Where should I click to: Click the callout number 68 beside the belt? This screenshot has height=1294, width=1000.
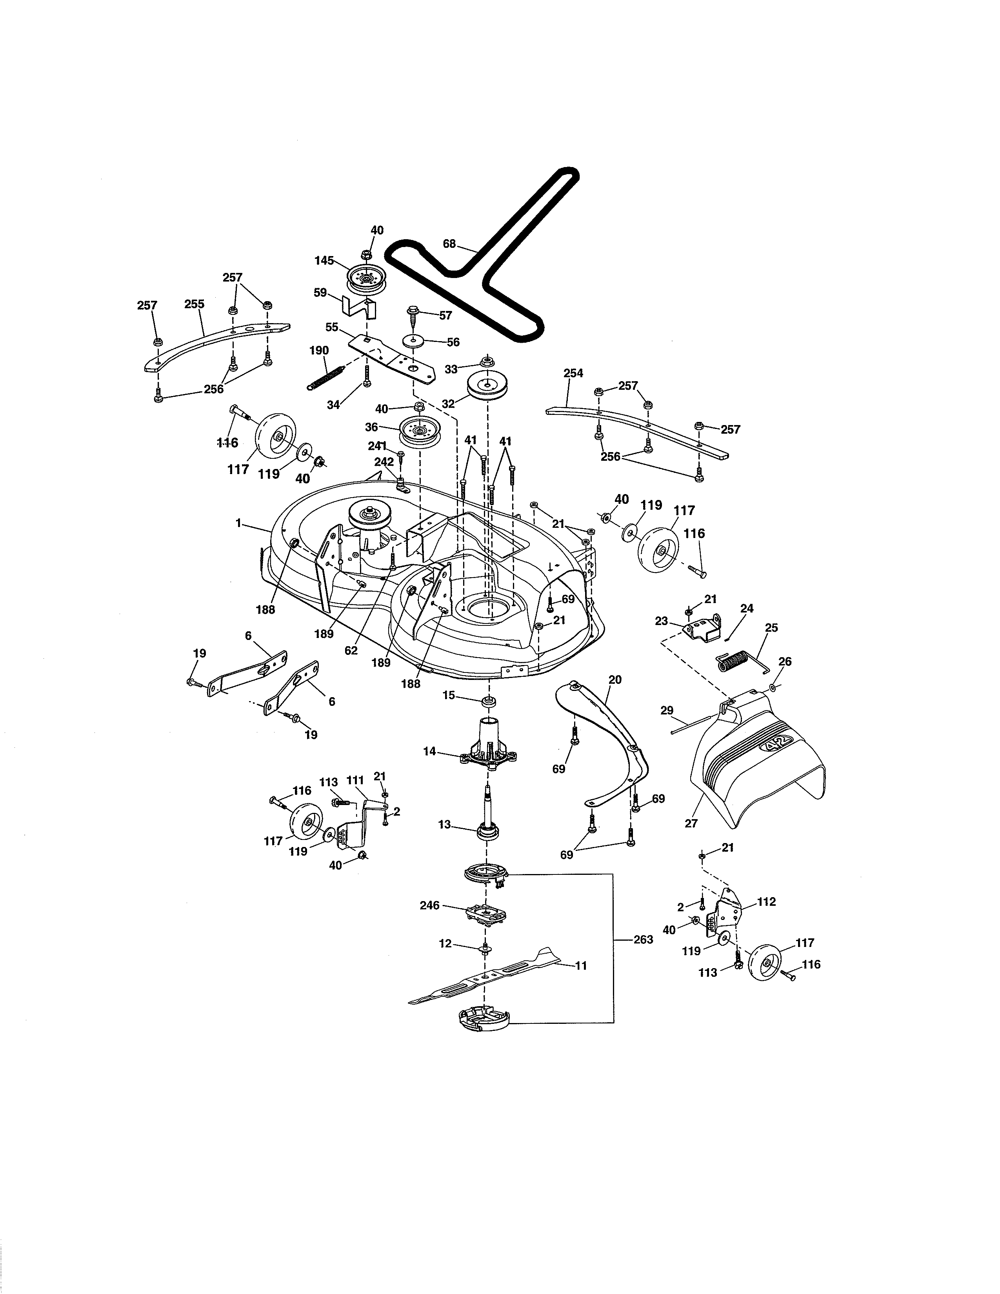point(450,244)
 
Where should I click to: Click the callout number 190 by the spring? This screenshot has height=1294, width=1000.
point(319,351)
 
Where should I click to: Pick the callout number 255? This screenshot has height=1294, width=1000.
point(194,304)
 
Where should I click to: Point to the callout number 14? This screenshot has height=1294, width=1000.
point(429,751)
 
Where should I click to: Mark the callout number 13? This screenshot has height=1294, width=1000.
point(444,824)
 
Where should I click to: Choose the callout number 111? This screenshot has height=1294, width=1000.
point(355,781)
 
